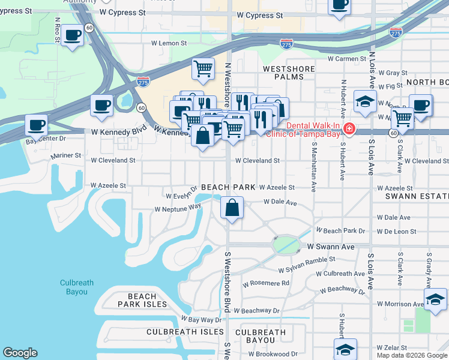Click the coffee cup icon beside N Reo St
tap(73, 35)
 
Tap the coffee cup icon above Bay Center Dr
tap(37, 126)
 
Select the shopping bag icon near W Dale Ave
tap(232, 208)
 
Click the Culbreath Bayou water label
tap(74, 287)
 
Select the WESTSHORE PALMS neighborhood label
tap(289, 73)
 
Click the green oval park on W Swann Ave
tap(287, 245)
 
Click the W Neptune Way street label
tap(177, 208)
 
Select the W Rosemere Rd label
tap(266, 283)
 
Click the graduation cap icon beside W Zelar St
tap(346, 349)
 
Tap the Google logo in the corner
tap(20, 353)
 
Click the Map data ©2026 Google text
tap(412, 355)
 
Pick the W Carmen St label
tap(346, 59)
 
